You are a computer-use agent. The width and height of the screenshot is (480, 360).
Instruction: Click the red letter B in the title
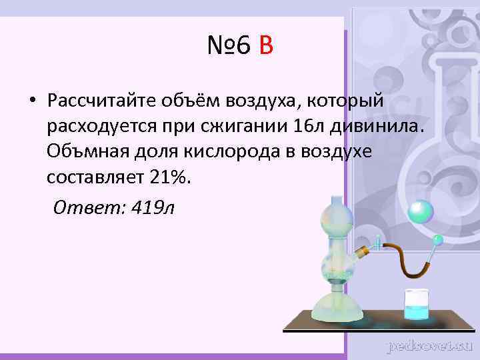[x=266, y=47]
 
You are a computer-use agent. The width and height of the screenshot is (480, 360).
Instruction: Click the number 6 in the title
[x=242, y=47]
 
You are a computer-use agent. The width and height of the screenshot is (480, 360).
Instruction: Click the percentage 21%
[x=179, y=178]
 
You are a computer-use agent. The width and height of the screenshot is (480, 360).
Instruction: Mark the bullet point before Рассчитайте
[x=32, y=101]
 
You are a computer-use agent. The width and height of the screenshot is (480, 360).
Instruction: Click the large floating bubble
[x=421, y=212]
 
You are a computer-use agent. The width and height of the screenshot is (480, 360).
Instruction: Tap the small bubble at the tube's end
[x=438, y=239]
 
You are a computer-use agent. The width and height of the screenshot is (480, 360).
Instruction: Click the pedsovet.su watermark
[x=430, y=345]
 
